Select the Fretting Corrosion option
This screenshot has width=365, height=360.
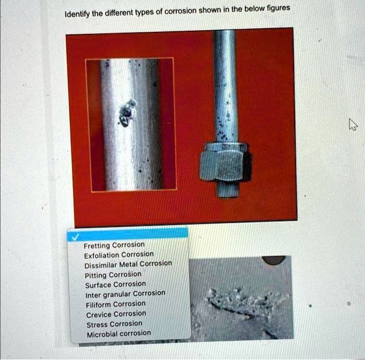pyautogui.click(x=114, y=245)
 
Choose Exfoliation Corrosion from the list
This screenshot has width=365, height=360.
pyautogui.click(x=118, y=255)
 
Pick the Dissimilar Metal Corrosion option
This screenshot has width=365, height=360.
pyautogui.click(x=128, y=264)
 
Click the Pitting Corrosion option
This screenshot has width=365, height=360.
pyautogui.click(x=113, y=274)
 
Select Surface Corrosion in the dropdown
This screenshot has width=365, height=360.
pyautogui.click(x=115, y=284)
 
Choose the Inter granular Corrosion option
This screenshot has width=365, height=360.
pyautogui.click(x=125, y=294)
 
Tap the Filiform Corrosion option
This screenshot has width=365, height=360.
pyautogui.click(x=116, y=304)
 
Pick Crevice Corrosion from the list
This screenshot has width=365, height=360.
pyautogui.click(x=115, y=314)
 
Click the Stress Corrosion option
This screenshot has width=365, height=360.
pyautogui.click(x=113, y=323)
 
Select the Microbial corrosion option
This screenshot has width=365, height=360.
pyautogui.click(x=118, y=333)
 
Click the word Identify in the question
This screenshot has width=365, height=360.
pyautogui.click(x=76, y=14)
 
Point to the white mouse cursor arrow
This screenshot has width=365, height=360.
pyautogui.click(x=353, y=124)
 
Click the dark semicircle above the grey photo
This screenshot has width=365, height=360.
pyautogui.click(x=273, y=260)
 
